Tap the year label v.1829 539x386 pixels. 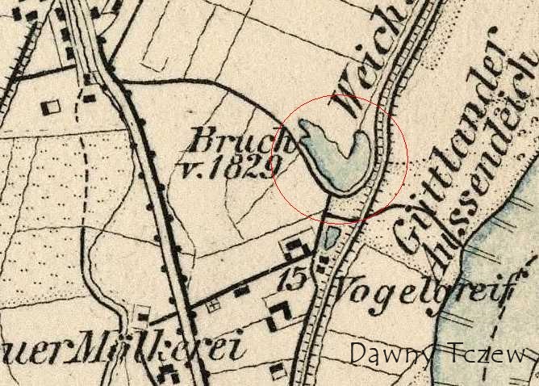point(228,166)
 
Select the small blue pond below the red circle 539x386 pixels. point(330,238)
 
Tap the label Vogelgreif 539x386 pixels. point(421,290)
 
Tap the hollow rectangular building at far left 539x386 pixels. point(52,105)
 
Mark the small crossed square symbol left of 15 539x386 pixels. point(215,305)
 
